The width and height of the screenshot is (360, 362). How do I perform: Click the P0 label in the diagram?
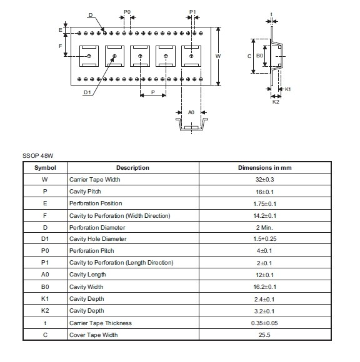point(127,12)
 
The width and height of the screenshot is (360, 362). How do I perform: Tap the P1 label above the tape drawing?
point(192,12)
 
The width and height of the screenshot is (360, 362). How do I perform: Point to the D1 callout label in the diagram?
point(87,92)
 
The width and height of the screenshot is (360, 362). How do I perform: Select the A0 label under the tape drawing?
point(191,112)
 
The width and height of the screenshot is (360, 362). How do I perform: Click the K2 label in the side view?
point(276,102)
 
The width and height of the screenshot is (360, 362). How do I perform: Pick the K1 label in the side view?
point(287,89)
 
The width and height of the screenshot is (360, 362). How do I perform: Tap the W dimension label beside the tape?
point(218,56)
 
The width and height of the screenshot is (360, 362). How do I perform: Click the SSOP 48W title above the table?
point(38,156)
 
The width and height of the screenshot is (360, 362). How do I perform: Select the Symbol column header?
point(45,168)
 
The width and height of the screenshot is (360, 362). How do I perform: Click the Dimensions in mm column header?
point(265,168)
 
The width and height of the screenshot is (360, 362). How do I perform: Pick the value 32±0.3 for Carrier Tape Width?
point(265,180)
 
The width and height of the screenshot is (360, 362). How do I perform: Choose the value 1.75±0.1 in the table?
point(265,204)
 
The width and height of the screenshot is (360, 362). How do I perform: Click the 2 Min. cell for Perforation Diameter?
point(264,228)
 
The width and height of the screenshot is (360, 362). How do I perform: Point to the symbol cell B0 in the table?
point(45,286)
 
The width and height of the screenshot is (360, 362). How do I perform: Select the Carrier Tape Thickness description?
point(101,323)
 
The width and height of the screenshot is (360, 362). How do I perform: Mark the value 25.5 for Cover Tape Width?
point(264,335)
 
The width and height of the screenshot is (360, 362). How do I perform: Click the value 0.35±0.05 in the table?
point(264,323)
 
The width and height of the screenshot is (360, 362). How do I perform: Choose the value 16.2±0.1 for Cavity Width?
point(265,287)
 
